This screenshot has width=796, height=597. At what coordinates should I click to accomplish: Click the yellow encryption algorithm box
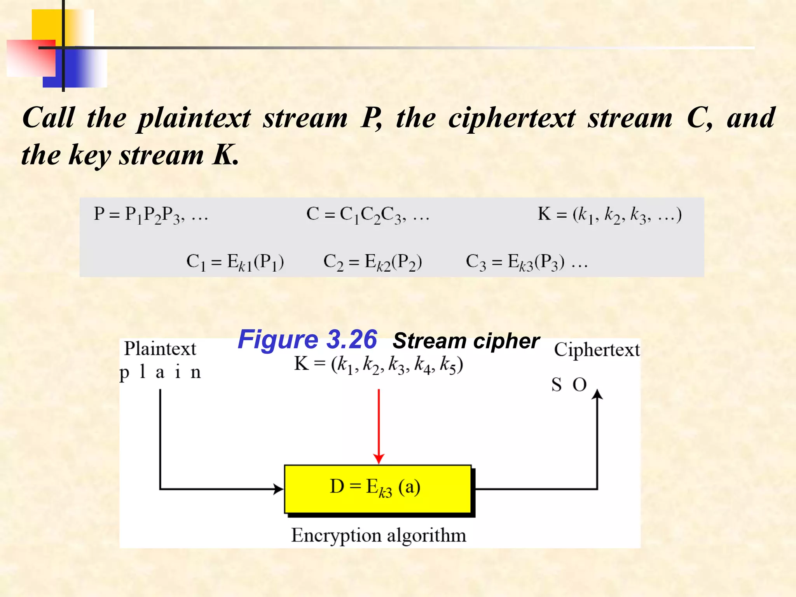point(377,489)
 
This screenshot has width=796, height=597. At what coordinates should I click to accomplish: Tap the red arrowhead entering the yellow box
point(379,459)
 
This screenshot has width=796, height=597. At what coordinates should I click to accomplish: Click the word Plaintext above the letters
point(160,348)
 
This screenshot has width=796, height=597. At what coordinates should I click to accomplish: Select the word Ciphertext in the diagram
point(597,349)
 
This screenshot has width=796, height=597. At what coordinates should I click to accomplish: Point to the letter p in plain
point(124,373)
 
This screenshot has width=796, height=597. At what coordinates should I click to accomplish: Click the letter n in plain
point(196,372)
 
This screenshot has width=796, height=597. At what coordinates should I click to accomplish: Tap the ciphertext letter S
point(556,385)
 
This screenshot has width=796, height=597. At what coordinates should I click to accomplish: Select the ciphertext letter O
point(580,385)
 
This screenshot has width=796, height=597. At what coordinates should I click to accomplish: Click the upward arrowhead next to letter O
point(597,395)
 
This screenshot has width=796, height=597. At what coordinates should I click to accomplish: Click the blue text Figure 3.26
point(307,339)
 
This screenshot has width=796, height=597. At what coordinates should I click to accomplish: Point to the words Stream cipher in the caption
point(466,341)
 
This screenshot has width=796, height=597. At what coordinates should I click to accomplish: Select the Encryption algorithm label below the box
point(379,535)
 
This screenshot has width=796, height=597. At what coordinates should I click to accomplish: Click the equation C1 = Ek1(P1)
point(235,262)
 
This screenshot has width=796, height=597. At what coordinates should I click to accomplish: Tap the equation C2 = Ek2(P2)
point(372,262)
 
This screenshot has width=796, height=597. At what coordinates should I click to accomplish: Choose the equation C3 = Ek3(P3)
point(515,262)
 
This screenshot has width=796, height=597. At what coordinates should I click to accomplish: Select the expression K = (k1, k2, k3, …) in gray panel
point(609,215)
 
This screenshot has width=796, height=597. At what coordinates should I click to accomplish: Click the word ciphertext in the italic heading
point(512,118)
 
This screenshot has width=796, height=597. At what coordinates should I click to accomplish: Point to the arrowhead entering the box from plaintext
point(278,489)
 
